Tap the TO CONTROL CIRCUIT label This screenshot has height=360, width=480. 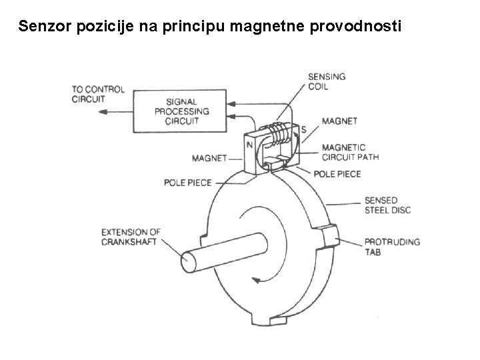click(x=98, y=95)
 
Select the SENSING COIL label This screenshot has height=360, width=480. click(x=327, y=81)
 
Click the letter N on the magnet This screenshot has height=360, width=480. click(x=248, y=144)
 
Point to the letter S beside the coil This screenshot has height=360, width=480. click(x=303, y=129)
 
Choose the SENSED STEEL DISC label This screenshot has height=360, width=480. click(x=387, y=205)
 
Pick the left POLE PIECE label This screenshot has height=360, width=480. click(x=188, y=182)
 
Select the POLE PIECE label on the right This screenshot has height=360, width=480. click(x=337, y=174)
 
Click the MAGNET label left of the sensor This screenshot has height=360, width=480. click(x=209, y=159)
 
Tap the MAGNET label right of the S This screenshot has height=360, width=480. click(x=339, y=121)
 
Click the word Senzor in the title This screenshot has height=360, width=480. click(x=42, y=27)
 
